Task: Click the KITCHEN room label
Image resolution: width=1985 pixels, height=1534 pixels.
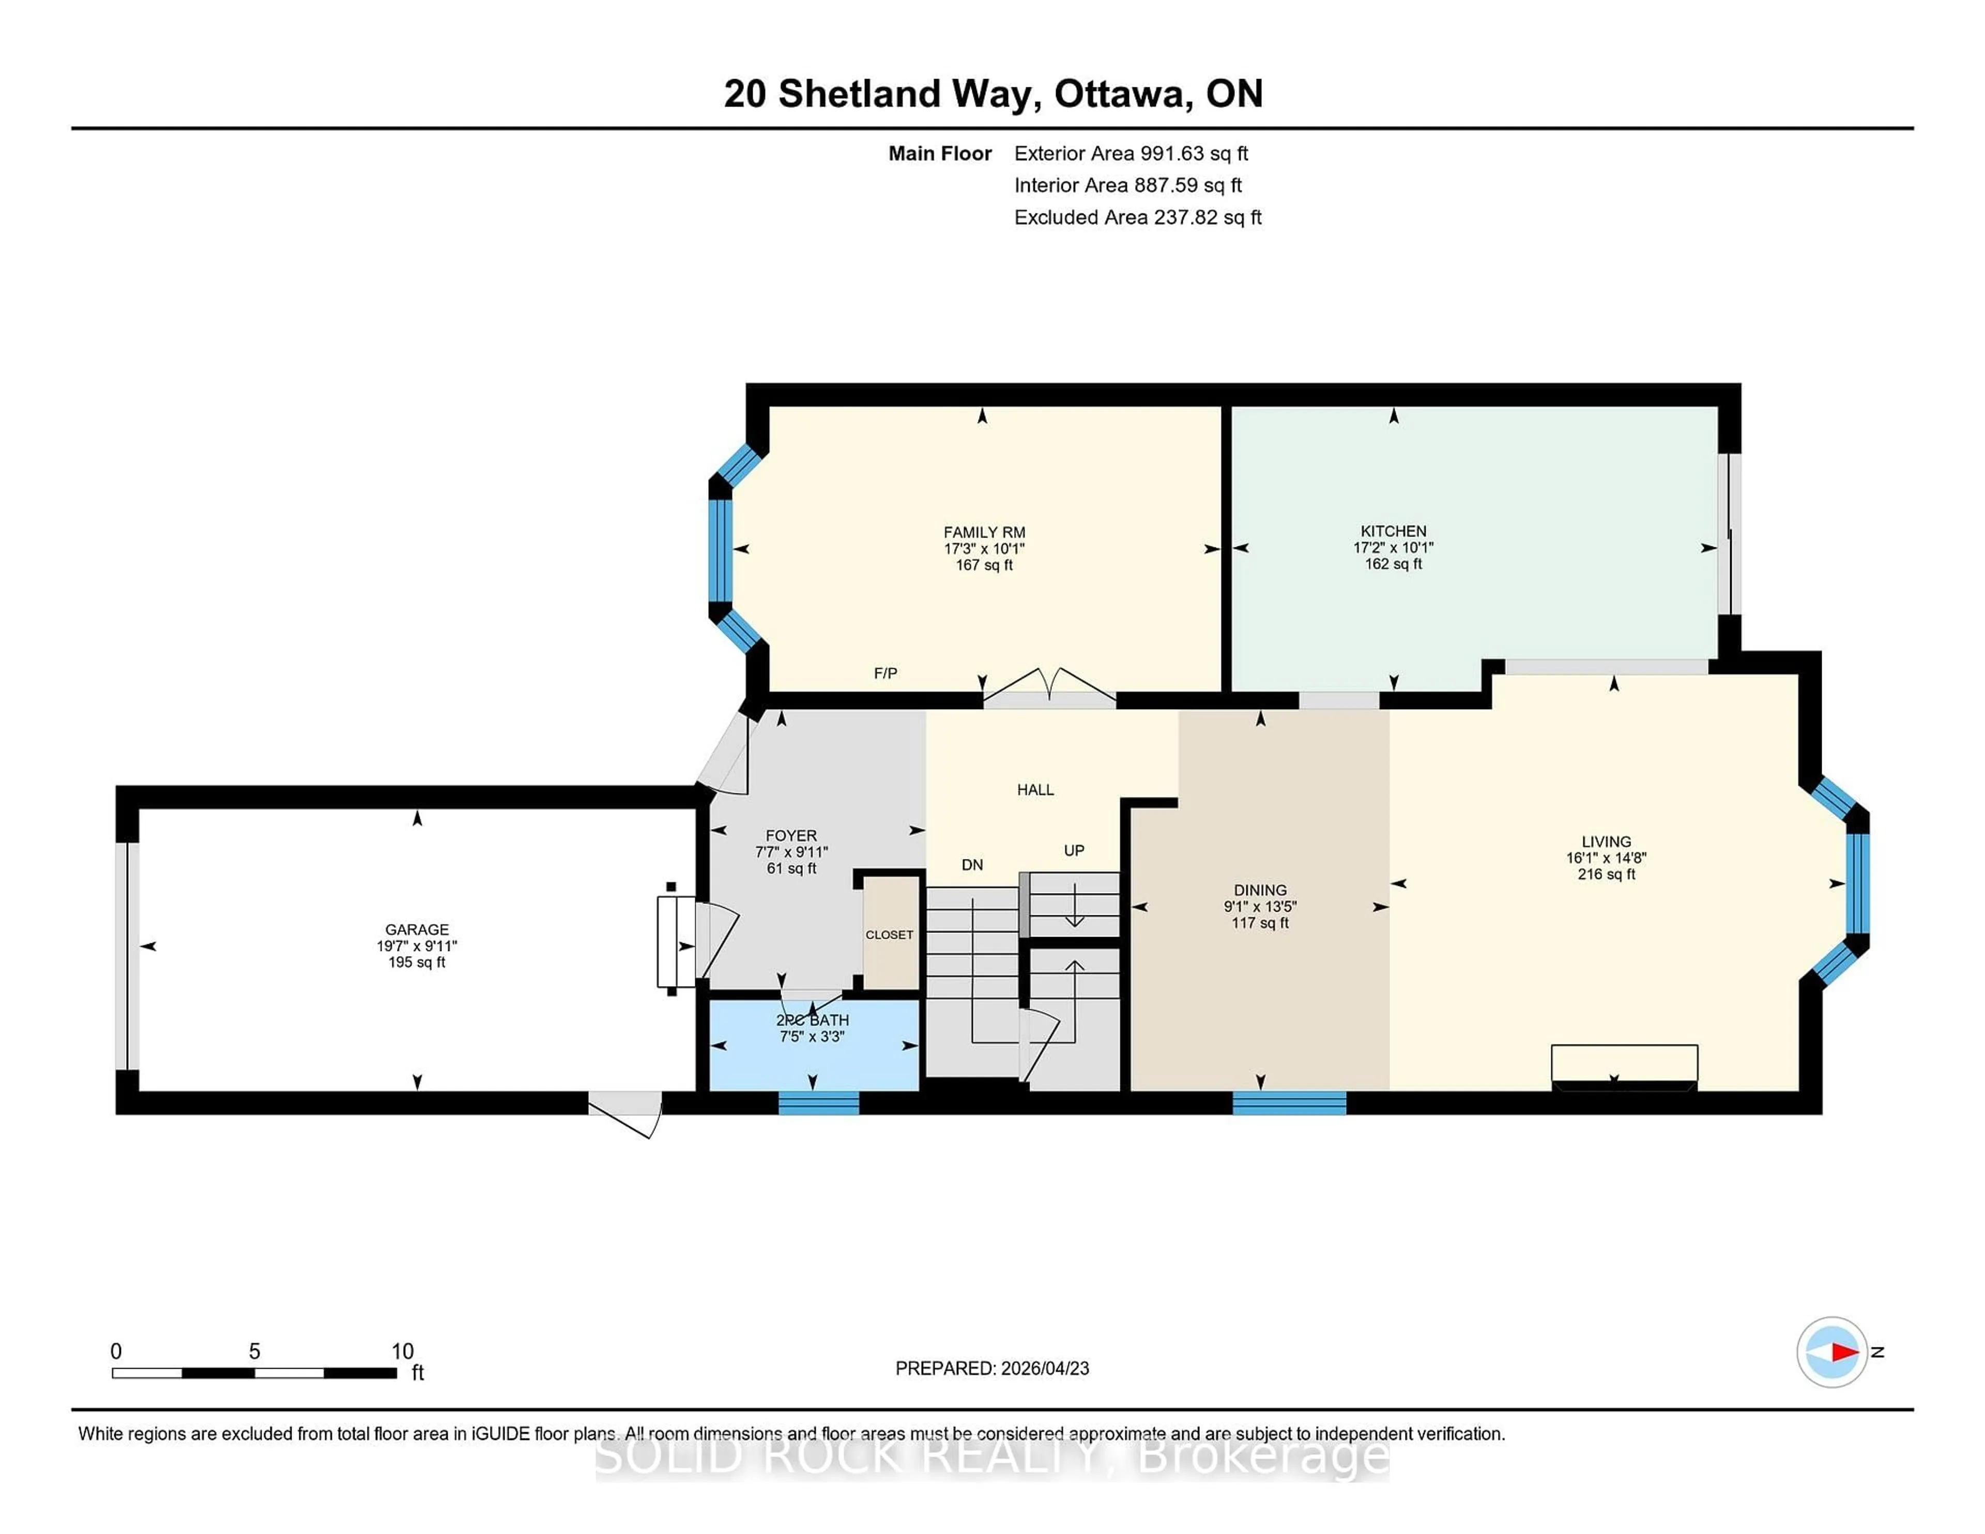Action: point(1393,531)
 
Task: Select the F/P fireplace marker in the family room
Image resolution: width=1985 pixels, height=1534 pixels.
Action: point(885,673)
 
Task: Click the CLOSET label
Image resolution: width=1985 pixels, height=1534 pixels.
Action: point(889,934)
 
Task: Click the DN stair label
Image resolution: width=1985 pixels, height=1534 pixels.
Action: point(972,865)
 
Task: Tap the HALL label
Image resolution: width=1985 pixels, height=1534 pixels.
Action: point(1035,790)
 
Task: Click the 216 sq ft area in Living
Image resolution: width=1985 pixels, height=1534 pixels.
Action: point(1606,874)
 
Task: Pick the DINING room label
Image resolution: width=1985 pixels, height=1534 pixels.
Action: point(1260,891)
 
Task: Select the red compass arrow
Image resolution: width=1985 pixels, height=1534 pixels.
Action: point(1844,1352)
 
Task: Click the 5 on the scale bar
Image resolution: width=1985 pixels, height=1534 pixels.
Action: point(254,1352)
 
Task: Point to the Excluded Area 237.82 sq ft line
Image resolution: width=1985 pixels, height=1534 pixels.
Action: point(1137,217)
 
